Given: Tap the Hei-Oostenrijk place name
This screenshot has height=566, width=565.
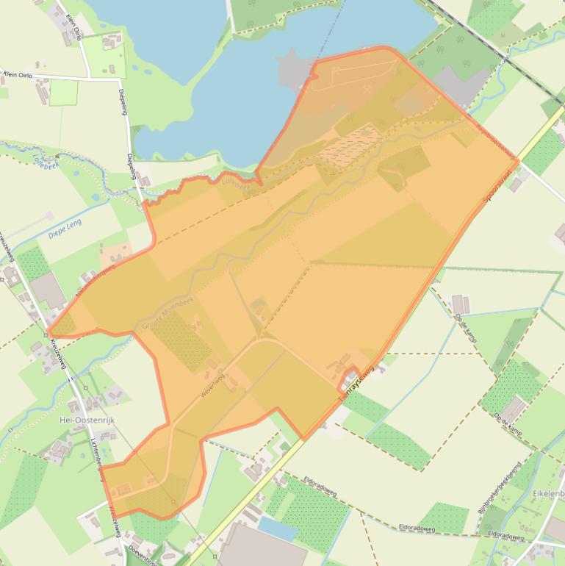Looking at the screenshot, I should [x=85, y=420].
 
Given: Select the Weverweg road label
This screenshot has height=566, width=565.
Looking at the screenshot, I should [x=215, y=384].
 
